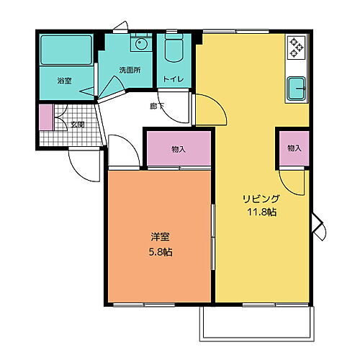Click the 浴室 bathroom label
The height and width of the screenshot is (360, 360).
63,81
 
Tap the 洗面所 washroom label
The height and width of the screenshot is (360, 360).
130,70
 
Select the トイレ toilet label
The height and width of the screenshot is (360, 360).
172,78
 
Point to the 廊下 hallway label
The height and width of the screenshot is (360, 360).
157,107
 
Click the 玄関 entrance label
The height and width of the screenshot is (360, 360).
77,124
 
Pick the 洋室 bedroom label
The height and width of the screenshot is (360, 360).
160,236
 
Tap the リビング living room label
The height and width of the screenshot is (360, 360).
260,198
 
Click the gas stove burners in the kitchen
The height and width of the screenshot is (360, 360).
296,48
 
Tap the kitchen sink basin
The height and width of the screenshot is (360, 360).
297,90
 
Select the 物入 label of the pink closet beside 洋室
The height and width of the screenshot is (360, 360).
179,149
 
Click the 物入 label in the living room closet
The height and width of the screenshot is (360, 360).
294,148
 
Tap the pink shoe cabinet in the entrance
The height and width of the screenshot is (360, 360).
45,117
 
